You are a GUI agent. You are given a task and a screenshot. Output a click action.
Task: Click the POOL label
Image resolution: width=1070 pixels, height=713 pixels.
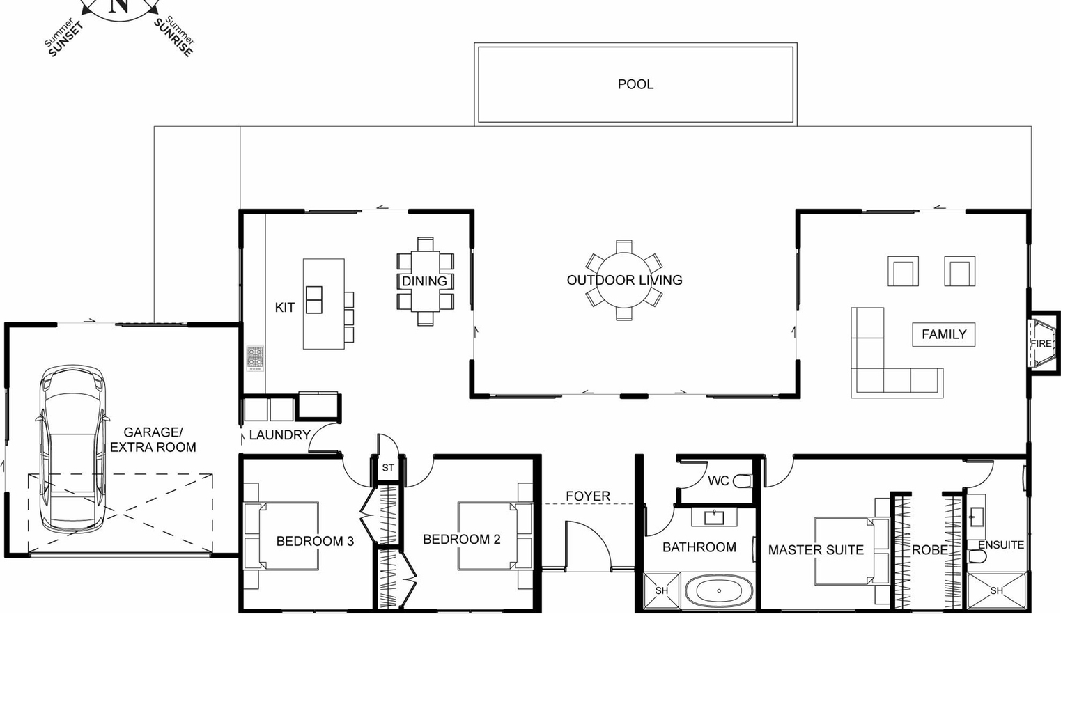[635, 84]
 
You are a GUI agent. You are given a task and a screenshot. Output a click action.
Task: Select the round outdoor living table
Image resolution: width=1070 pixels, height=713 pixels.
[624, 280]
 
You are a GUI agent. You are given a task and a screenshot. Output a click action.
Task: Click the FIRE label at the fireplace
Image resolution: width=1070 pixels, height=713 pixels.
[1041, 343]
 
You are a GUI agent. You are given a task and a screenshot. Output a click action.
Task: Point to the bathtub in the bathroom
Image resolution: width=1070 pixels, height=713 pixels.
[719, 591]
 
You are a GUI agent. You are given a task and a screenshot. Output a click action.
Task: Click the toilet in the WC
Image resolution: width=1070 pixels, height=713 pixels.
[743, 481]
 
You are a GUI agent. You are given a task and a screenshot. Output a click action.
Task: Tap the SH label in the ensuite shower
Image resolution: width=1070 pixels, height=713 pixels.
[997, 590]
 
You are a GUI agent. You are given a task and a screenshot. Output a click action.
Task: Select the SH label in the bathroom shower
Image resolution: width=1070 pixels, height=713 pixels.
[662, 590]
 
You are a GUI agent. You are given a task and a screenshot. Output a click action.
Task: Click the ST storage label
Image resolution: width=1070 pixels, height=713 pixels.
[388, 468]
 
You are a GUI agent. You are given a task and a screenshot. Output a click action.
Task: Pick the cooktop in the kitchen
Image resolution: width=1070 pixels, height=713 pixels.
[255, 358]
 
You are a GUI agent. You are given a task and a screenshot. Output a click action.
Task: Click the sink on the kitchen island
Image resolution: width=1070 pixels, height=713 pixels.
[314, 299]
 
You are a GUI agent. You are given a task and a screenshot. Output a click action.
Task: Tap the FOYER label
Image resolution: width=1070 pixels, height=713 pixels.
[588, 496]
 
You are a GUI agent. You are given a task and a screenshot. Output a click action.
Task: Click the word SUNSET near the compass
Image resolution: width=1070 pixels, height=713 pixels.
[66, 40]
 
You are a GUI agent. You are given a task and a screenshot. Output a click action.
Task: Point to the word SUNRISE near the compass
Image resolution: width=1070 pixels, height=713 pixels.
[173, 38]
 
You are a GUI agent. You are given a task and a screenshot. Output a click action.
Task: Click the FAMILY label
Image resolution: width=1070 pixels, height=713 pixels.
[944, 334]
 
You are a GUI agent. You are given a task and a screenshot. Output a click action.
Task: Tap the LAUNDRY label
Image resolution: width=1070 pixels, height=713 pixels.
[279, 434]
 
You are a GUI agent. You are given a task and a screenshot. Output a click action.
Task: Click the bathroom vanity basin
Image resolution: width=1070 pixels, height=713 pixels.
[714, 517]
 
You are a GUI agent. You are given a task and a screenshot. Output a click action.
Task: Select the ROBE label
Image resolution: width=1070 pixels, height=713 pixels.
[930, 549]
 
